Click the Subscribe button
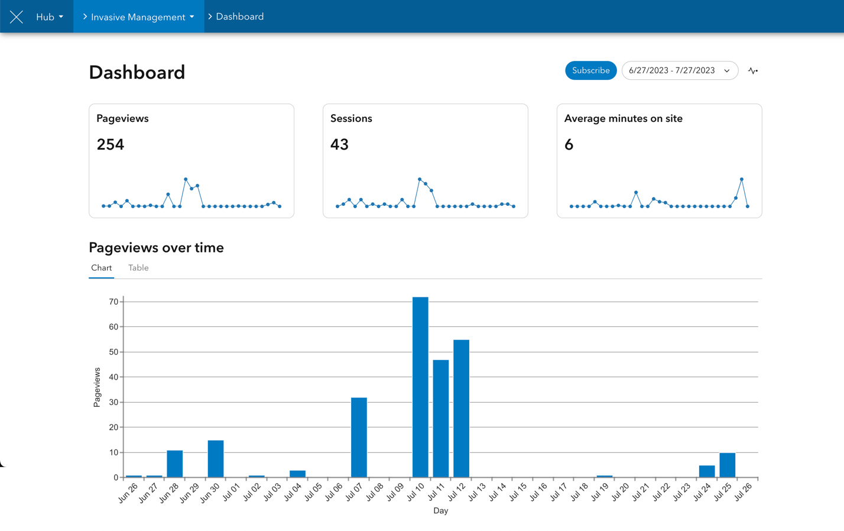coord(590,70)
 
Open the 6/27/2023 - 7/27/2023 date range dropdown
coord(679,70)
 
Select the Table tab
coord(138,268)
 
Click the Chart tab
coord(102,268)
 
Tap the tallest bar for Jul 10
coord(420,387)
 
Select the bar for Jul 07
coord(359,438)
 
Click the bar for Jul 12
coord(461,408)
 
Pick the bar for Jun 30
coord(216,459)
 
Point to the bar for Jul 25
coord(727,465)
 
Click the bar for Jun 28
coord(174,464)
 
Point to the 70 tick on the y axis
coord(113,302)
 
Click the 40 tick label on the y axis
coord(113,377)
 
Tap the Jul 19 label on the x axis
coord(600,492)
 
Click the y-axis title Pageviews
coord(97,387)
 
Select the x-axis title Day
coord(440,511)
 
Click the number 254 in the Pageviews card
coord(111,144)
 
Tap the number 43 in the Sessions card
coord(339,144)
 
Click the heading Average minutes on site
coord(623,118)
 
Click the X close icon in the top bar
coord(17,17)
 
